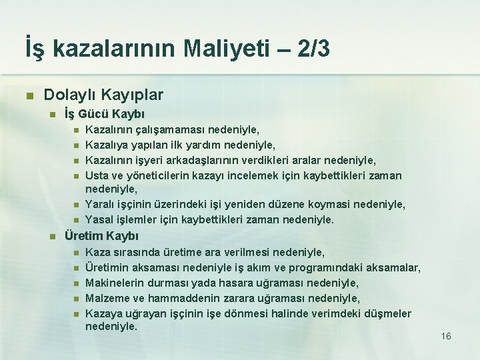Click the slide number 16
click(446, 336)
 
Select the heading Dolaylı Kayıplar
click(103, 95)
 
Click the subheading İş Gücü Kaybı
click(105, 114)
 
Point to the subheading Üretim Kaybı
click(101, 236)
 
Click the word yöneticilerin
click(171, 175)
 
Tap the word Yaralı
click(100, 204)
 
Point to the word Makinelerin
click(115, 283)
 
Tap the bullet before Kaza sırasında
click(77, 253)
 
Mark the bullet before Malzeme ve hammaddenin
click(77, 299)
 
